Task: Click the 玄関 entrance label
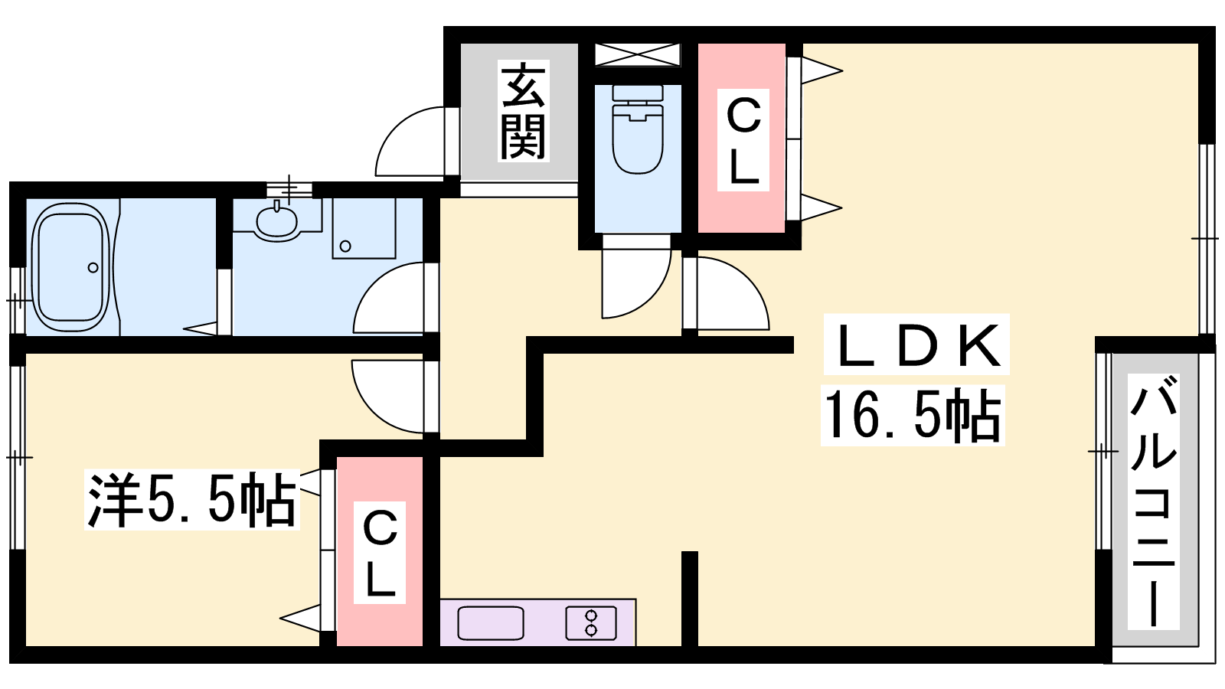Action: [x=523, y=110]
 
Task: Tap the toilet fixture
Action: [x=638, y=129]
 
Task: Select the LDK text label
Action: [x=916, y=344]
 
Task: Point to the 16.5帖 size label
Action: [x=913, y=415]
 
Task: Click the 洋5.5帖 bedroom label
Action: [x=191, y=499]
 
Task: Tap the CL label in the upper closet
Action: [x=743, y=140]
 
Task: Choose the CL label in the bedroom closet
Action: [x=380, y=552]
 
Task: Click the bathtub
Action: [x=70, y=267]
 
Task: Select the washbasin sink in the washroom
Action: [x=276, y=220]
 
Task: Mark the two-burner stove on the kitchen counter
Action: [x=590, y=623]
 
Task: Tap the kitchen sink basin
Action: [x=491, y=623]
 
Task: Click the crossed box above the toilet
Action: [x=638, y=54]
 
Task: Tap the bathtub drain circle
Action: [x=93, y=267]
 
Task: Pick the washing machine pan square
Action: [x=364, y=228]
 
